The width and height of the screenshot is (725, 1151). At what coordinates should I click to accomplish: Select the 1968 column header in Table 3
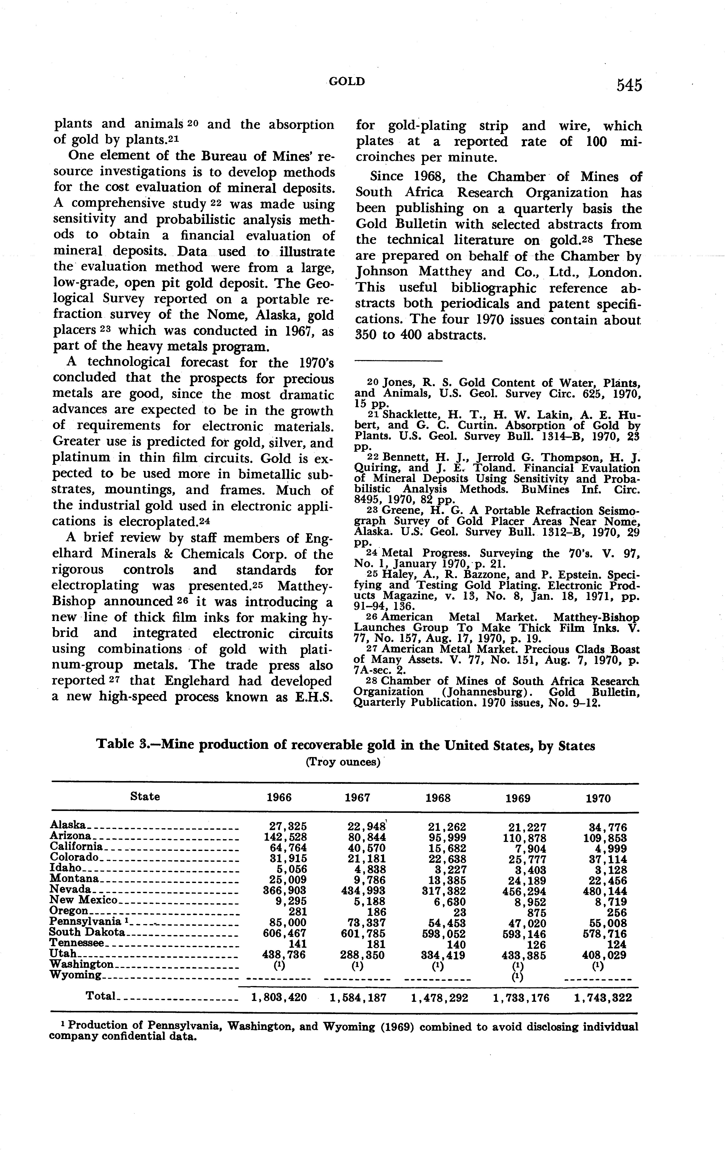438,798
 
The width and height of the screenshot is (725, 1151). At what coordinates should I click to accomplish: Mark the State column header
145,796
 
